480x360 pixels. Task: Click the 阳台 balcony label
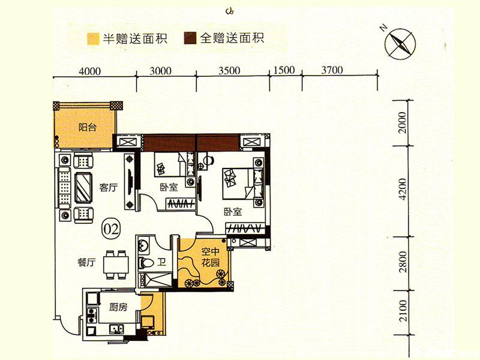click(87, 127)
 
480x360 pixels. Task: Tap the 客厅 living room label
click(109, 187)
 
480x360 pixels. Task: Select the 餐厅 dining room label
click(86, 262)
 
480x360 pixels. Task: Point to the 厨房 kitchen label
click(118, 307)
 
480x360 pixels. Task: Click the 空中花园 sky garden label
click(211, 257)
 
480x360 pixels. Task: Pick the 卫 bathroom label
click(161, 262)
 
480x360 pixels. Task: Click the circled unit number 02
click(111, 229)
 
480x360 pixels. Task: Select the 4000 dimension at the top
click(89, 71)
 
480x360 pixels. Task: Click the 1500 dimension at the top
click(284, 70)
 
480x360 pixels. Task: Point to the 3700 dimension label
click(332, 70)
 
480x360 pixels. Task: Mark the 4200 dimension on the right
click(403, 189)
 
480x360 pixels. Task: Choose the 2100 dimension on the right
click(403, 310)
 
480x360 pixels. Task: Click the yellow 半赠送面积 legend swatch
click(93, 39)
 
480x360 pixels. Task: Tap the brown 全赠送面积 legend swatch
click(190, 38)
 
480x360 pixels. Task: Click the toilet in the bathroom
click(146, 263)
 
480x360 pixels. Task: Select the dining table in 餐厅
click(116, 265)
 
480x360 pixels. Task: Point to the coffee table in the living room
click(83, 187)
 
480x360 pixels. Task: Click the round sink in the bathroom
click(143, 245)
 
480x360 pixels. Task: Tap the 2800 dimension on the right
click(403, 262)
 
